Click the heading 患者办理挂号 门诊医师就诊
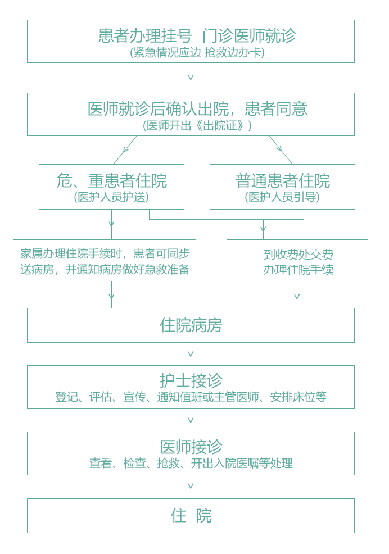point(197,36)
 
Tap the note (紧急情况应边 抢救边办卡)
point(197,53)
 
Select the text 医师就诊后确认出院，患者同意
point(197,109)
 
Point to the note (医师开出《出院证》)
point(197,125)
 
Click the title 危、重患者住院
point(112,181)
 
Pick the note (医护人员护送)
point(111,197)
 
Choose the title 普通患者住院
point(283,181)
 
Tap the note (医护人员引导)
point(282,197)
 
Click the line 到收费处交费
point(298,255)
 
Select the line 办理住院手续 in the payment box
point(298,270)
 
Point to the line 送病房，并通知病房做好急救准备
point(105,269)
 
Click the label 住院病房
point(191,325)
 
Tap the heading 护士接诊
point(191,380)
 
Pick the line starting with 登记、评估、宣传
point(191,397)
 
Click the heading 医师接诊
point(191,447)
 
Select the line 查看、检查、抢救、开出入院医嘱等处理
point(191,463)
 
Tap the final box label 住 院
point(191,515)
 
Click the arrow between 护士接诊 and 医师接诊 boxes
point(191,420)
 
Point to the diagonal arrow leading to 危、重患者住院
point(125,150)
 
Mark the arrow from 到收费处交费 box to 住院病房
point(297,294)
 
